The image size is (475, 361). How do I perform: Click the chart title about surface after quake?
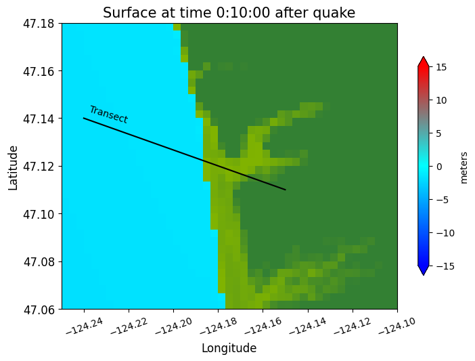pos(229,13)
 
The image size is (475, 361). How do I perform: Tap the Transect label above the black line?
pos(108,114)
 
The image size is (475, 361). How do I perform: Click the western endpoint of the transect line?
pos(84,119)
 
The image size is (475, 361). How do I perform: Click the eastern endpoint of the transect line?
pos(286,190)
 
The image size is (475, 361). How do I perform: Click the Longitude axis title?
pos(229,348)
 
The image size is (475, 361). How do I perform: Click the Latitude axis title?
pos(14,167)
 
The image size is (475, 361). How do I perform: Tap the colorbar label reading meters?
pos(463,167)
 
